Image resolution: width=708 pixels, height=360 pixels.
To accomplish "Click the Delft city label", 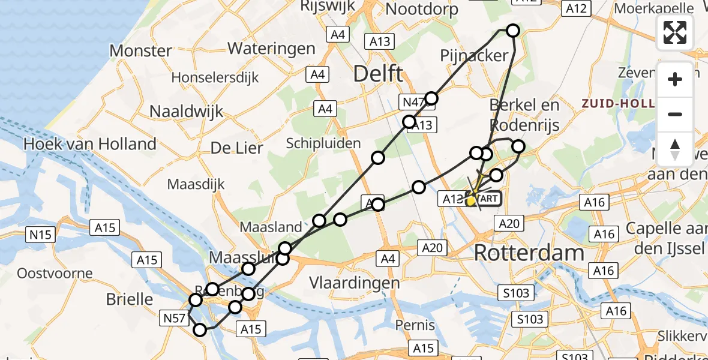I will (378, 74).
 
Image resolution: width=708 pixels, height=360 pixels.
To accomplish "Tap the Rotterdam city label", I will (529, 253).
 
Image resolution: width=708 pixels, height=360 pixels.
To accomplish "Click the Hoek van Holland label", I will (89, 144).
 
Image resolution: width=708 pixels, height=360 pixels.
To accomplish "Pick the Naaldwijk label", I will (186, 111).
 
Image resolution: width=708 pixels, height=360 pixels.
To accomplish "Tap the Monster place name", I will (141, 50).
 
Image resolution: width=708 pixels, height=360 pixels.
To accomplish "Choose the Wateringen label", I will (271, 48).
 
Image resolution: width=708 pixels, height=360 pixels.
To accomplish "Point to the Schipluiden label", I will (323, 143).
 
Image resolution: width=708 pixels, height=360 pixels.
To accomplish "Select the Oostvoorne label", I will (55, 274).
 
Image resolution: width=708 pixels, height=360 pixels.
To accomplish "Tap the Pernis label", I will (415, 325).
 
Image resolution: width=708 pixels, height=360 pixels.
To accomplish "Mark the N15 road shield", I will (41, 234).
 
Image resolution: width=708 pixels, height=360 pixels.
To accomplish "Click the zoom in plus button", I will (675, 79).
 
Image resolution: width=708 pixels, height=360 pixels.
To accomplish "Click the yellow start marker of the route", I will (472, 200).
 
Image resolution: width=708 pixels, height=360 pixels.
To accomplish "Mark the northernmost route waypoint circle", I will (512, 31).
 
